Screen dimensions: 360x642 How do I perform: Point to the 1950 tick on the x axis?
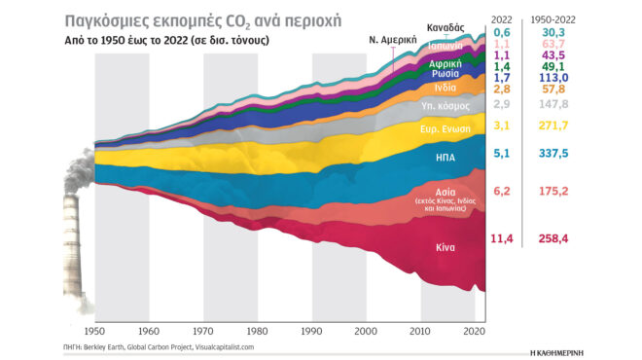pyautogui.click(x=96, y=332)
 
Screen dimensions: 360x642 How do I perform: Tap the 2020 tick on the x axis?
pyautogui.click(x=475, y=332)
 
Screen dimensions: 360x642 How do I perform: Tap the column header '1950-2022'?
pyautogui.click(x=553, y=17)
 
